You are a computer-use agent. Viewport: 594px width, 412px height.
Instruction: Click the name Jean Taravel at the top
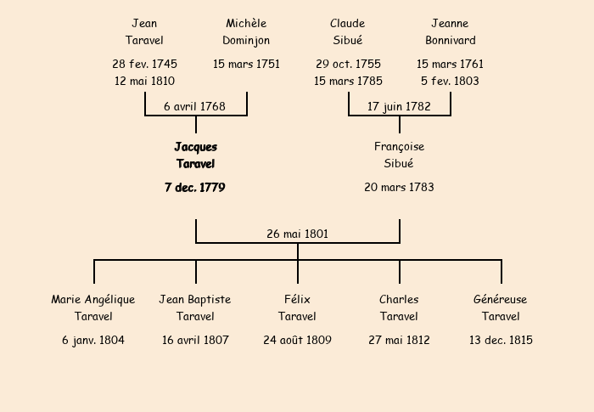pyautogui.click(x=144, y=31)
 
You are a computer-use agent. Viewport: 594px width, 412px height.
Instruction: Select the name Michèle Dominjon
pyautogui.click(x=246, y=31)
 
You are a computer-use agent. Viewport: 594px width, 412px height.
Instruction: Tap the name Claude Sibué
pyautogui.click(x=348, y=31)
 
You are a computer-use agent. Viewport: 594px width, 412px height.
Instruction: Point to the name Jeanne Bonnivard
pyautogui.click(x=450, y=31)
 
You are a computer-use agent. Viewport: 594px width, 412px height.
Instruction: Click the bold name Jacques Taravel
pyautogui.click(x=195, y=155)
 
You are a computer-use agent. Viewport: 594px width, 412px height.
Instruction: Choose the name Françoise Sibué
pyautogui.click(x=399, y=155)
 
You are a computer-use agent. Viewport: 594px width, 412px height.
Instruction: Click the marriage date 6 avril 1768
pyautogui.click(x=195, y=106)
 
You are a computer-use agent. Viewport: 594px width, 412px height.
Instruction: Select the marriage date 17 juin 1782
pyautogui.click(x=399, y=106)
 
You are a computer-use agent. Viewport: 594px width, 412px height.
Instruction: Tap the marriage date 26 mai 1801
pyautogui.click(x=297, y=234)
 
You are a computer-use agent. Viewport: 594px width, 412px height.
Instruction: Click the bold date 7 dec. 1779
pyautogui.click(x=195, y=187)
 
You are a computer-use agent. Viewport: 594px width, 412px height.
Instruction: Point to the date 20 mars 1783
pyautogui.click(x=399, y=187)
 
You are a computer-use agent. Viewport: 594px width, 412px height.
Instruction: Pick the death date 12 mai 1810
pyautogui.click(x=144, y=81)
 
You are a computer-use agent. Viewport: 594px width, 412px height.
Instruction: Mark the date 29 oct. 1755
pyautogui.click(x=348, y=64)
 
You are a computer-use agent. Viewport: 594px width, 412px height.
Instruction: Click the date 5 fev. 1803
pyautogui.click(x=450, y=81)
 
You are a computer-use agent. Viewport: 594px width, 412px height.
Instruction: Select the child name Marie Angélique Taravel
pyautogui.click(x=93, y=308)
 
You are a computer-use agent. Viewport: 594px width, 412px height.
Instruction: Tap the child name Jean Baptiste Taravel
pyautogui.click(x=195, y=308)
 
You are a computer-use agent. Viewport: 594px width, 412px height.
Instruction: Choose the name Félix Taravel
pyautogui.click(x=297, y=308)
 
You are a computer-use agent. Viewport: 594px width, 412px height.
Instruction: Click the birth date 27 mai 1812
pyautogui.click(x=399, y=340)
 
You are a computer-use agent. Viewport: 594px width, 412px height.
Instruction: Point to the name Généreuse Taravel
pyautogui.click(x=501, y=308)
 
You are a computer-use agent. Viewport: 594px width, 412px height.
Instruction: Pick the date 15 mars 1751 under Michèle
pyautogui.click(x=246, y=64)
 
